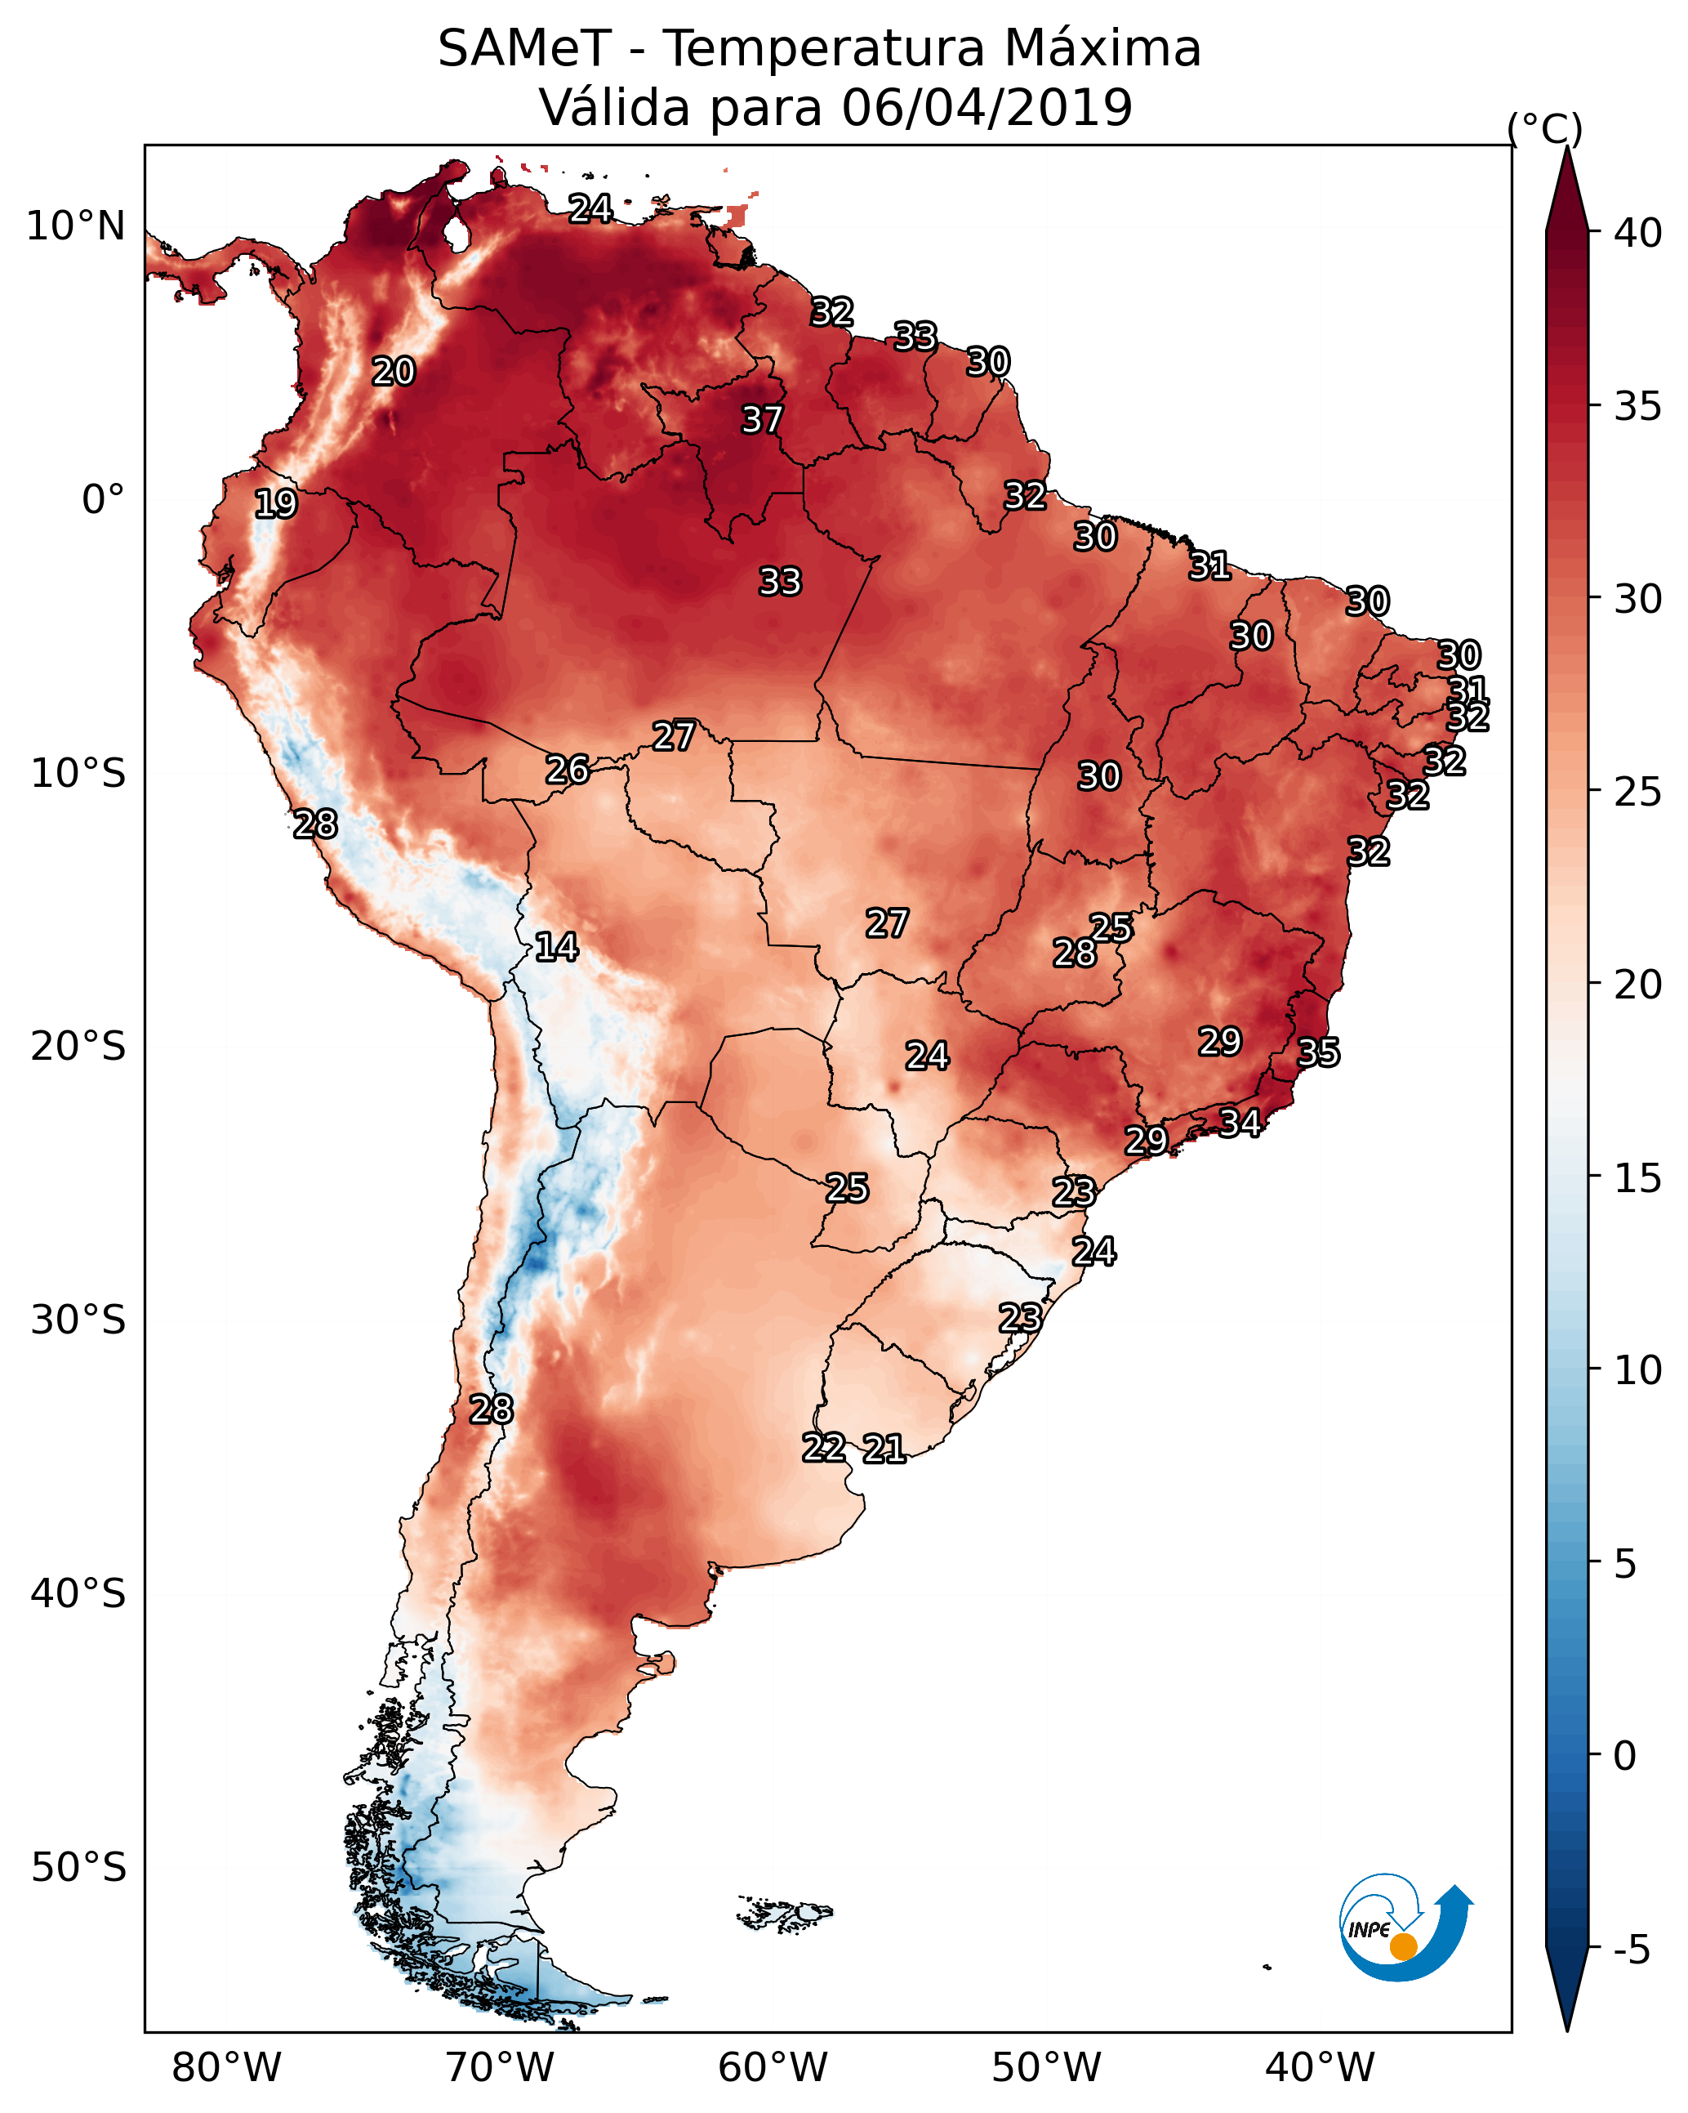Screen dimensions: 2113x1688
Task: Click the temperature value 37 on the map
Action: click(761, 419)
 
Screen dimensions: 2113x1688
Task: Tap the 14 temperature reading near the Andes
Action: click(556, 947)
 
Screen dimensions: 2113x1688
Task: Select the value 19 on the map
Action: click(275, 504)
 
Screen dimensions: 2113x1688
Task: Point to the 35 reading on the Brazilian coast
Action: click(1318, 1052)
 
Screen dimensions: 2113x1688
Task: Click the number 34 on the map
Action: click(1240, 1122)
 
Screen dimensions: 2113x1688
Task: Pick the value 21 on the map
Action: click(884, 1449)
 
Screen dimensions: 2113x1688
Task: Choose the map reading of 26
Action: click(568, 771)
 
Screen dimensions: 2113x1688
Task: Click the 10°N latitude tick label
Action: click(75, 226)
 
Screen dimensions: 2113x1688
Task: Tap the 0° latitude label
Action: click(103, 500)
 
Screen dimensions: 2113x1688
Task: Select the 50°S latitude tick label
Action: click(78, 1868)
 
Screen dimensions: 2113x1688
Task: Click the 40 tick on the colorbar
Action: click(1638, 233)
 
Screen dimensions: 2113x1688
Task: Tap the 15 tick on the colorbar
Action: click(1638, 1178)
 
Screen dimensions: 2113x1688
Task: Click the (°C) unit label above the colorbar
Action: click(1545, 128)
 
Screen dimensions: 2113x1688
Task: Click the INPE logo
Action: click(1404, 1932)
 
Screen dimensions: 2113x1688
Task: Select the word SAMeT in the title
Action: click(524, 49)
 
